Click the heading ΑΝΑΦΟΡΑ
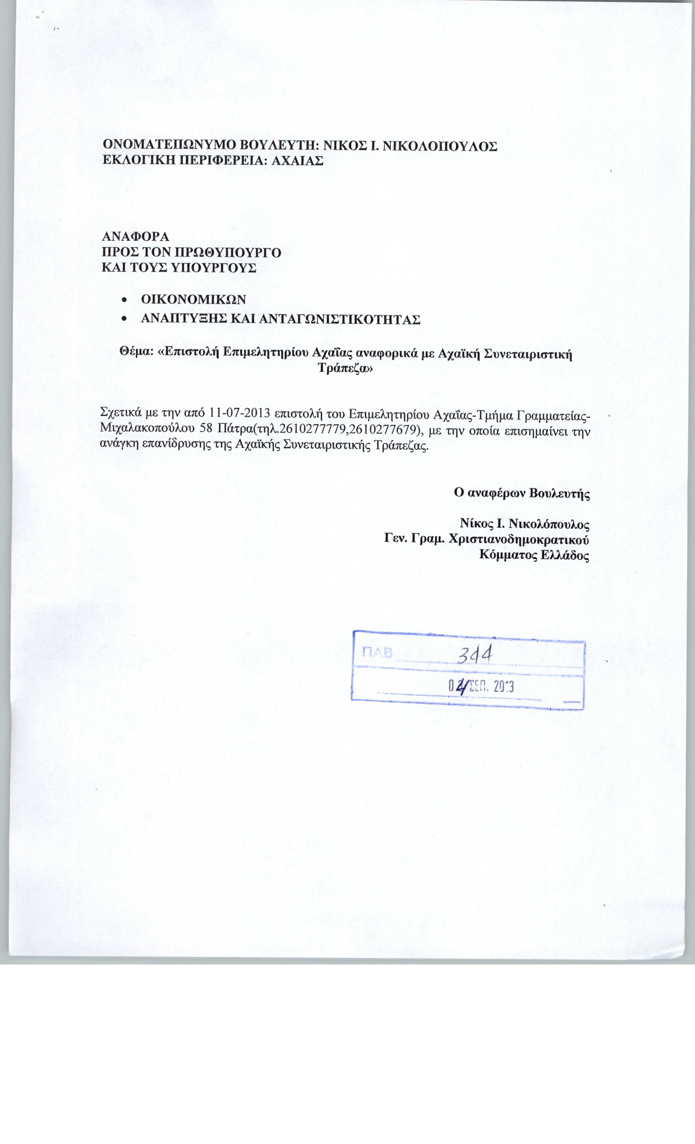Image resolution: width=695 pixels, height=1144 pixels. tap(136, 237)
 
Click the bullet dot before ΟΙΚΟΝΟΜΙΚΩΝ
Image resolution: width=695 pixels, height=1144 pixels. tap(123, 300)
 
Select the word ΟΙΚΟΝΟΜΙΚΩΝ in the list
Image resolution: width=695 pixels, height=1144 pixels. tap(193, 299)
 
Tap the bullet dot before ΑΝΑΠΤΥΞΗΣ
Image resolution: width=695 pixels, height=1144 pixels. tap(123, 320)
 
